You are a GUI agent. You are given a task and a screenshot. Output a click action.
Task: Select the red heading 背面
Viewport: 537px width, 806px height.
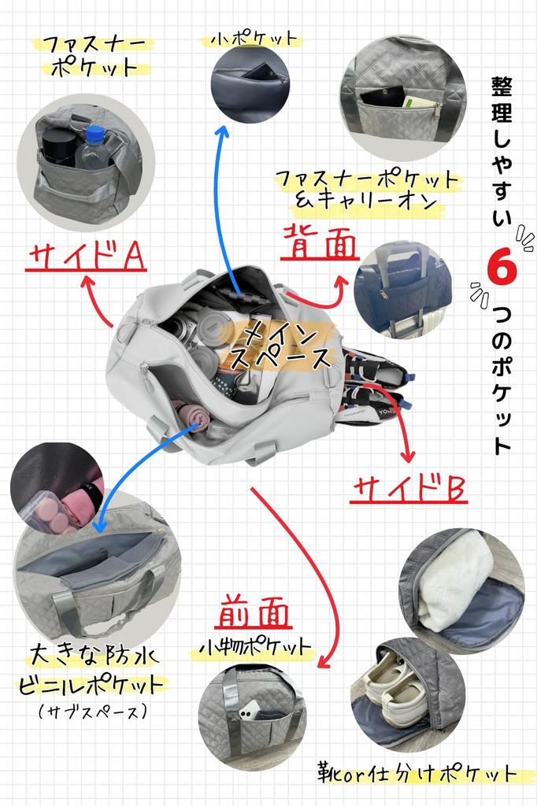[320, 242]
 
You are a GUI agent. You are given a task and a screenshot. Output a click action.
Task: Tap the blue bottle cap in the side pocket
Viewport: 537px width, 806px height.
[95, 135]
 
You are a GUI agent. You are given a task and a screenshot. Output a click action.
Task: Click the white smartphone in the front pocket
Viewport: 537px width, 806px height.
[249, 712]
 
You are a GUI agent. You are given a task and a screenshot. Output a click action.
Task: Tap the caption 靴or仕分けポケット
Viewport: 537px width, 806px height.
[416, 775]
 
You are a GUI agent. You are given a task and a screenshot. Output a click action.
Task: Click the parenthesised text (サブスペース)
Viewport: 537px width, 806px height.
[93, 712]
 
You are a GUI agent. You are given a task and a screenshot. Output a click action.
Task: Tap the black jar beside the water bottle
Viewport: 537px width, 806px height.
[57, 146]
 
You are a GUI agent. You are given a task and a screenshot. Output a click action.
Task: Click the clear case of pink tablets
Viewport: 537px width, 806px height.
[48, 512]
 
